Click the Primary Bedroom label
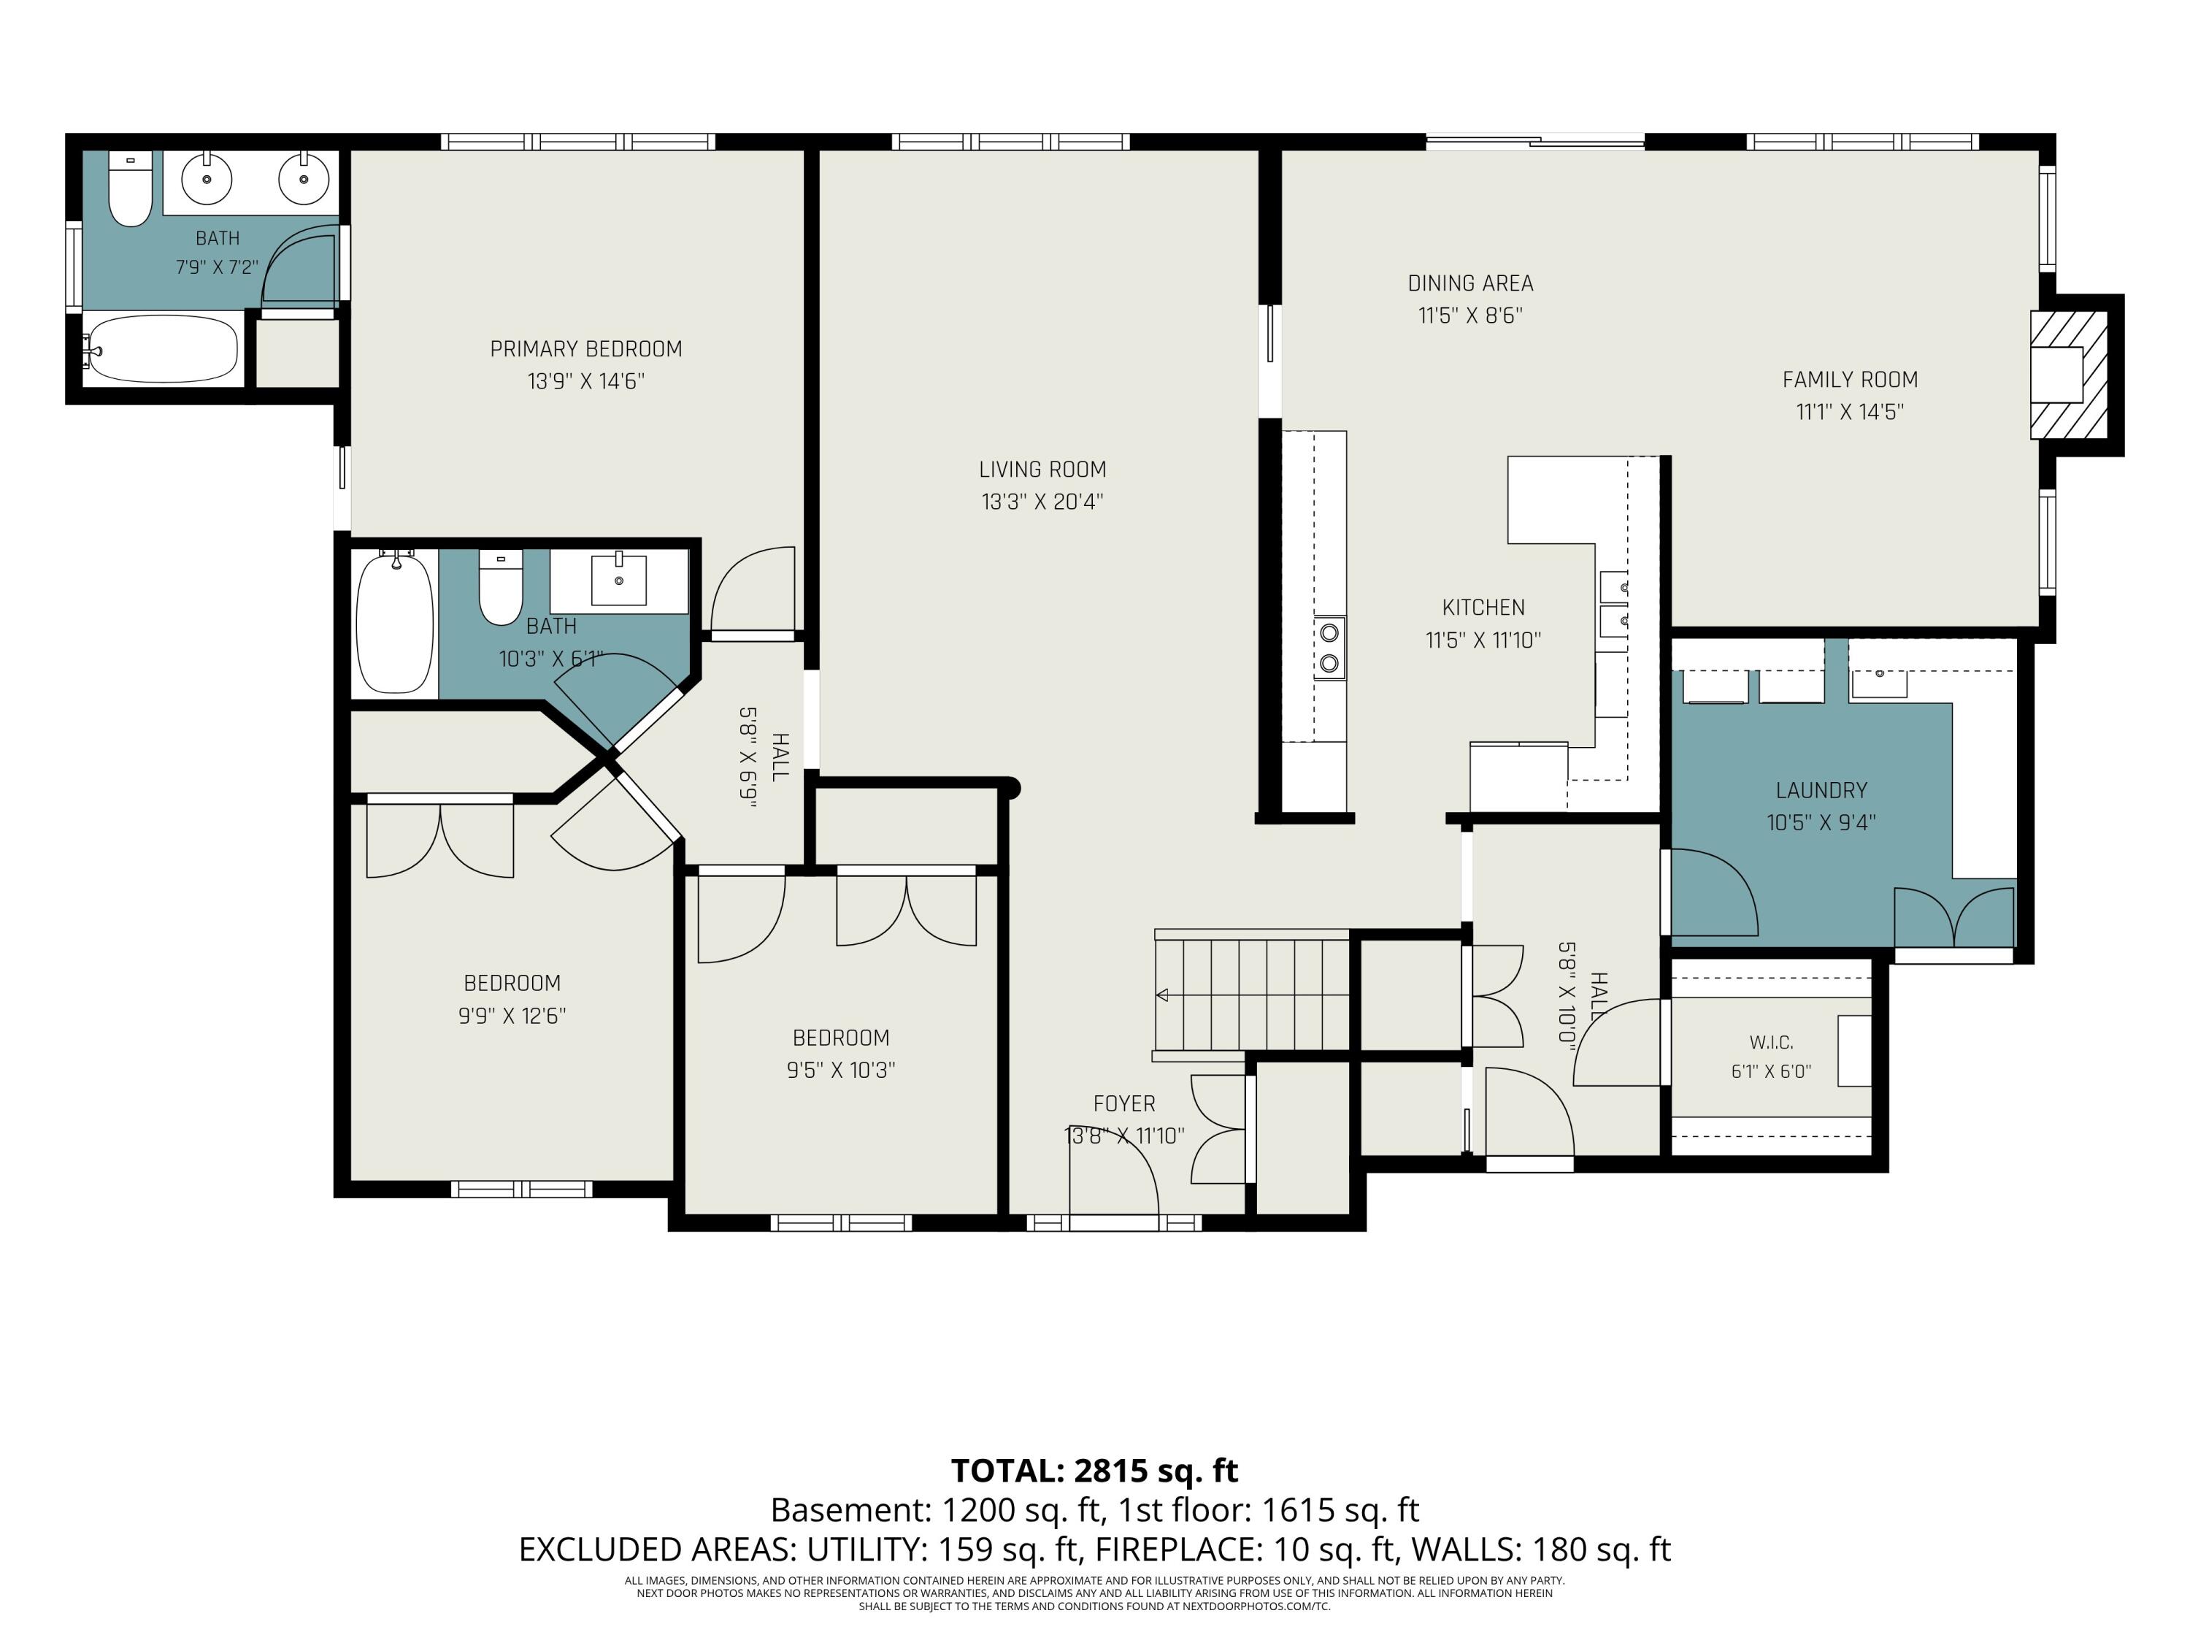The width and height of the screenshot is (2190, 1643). pos(586,348)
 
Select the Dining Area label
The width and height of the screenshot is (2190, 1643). pos(1470,283)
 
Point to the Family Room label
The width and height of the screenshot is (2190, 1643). pos(1849,379)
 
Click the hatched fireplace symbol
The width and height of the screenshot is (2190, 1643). pos(2068,375)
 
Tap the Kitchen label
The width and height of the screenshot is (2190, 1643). pos(1483,607)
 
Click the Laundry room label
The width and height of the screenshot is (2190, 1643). pos(1821,790)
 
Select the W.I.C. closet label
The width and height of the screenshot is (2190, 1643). pos(1771,1043)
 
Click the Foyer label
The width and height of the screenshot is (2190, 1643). pos(1123,1103)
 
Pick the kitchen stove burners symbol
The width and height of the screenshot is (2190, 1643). pos(1329,648)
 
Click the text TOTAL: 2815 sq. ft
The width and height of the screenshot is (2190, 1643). pos(1094,1471)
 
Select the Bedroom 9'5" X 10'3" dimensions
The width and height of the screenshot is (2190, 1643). pos(842,1071)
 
